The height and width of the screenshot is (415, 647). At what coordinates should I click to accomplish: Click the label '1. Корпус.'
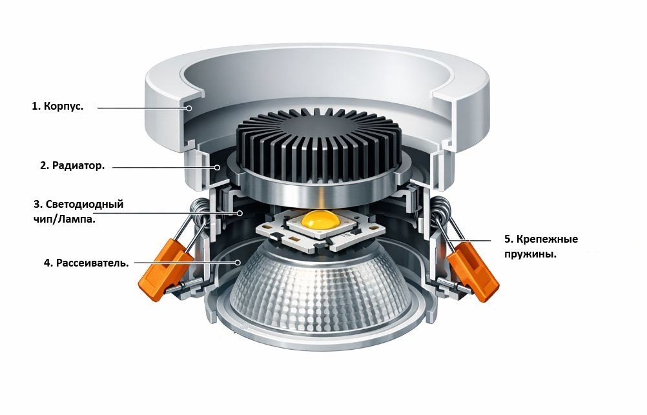point(57,106)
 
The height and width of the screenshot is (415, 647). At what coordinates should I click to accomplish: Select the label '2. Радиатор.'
point(72,166)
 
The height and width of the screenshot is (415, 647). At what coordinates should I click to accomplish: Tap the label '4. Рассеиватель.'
point(87,263)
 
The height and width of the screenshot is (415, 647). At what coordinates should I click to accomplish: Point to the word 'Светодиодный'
point(84,204)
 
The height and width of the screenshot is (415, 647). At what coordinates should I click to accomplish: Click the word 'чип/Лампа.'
point(64,219)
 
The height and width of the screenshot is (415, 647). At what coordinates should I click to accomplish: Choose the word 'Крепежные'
point(547,239)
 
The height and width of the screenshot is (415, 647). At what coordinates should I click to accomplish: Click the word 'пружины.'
point(530,254)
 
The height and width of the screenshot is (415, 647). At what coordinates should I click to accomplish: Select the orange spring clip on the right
point(473,270)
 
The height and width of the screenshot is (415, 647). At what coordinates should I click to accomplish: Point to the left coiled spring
point(199,210)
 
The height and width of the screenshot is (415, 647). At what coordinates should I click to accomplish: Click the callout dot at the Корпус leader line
point(189,108)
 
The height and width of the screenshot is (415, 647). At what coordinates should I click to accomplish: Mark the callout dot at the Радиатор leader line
point(217,168)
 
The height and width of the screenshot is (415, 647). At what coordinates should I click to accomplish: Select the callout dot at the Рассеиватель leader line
point(238,263)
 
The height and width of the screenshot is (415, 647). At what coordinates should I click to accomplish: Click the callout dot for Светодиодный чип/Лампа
point(240,213)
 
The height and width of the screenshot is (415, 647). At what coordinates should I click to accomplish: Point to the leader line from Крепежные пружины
point(470,239)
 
